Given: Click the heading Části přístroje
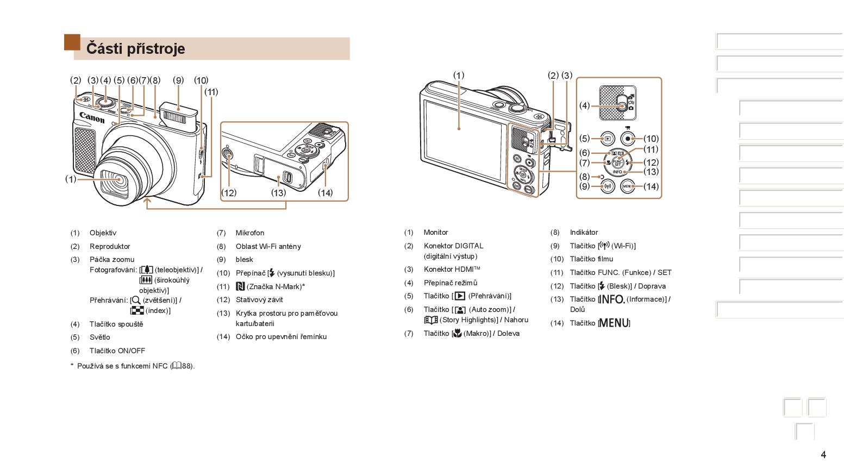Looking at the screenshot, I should pyautogui.click(x=136, y=49).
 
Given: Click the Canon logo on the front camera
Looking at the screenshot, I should pyautogui.click(x=92, y=117).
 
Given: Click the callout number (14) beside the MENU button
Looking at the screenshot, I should pyautogui.click(x=651, y=186).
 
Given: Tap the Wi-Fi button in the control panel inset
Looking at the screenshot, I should pyautogui.click(x=608, y=186).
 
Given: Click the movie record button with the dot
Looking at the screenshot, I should pyautogui.click(x=628, y=139).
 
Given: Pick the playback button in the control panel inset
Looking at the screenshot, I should pyautogui.click(x=608, y=139).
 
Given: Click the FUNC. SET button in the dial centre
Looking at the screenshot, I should pyautogui.click(x=617, y=162).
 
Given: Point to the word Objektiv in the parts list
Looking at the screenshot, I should pyautogui.click(x=103, y=233).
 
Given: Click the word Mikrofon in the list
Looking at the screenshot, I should pyautogui.click(x=250, y=233).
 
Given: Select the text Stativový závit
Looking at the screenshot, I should pyautogui.click(x=259, y=299).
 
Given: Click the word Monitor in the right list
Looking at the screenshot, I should pyautogui.click(x=436, y=233).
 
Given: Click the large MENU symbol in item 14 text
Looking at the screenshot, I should pyautogui.click(x=614, y=323).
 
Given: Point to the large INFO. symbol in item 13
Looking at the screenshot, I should pyautogui.click(x=611, y=299).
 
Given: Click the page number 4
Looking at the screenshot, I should pyautogui.click(x=823, y=455).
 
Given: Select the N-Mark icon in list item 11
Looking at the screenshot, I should pyautogui.click(x=240, y=286).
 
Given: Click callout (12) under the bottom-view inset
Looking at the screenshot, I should pyautogui.click(x=229, y=193).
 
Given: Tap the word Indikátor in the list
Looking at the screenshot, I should pyautogui.click(x=584, y=233).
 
